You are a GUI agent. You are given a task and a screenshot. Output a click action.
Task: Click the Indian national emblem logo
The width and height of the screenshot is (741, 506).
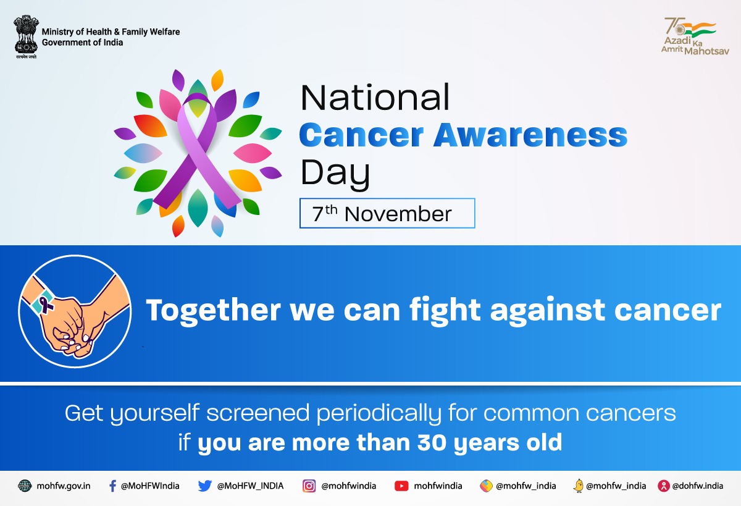[x=26, y=38]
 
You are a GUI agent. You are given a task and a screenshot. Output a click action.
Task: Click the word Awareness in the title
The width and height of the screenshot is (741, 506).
[x=530, y=135]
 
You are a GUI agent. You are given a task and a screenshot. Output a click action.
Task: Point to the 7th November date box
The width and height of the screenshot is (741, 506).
[x=387, y=214]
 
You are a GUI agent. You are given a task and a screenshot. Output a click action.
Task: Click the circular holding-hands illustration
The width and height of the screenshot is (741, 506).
[x=75, y=313]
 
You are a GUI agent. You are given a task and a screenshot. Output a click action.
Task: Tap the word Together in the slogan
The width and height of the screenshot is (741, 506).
[x=211, y=310]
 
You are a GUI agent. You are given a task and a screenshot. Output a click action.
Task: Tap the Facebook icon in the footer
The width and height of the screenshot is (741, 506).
[x=112, y=486]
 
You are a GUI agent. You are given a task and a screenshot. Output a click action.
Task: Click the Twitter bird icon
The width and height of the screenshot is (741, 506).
[x=205, y=486]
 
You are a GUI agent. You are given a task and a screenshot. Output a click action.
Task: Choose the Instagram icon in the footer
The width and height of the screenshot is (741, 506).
[x=309, y=486]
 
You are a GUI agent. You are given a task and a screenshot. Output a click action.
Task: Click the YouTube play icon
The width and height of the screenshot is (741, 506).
[x=401, y=486]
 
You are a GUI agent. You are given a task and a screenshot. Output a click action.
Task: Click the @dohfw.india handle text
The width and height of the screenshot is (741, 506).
[x=697, y=486]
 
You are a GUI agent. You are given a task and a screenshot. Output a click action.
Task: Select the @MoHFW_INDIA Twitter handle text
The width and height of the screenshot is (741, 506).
[x=250, y=486]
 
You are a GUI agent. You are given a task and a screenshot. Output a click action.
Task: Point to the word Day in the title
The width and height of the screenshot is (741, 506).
[x=335, y=174]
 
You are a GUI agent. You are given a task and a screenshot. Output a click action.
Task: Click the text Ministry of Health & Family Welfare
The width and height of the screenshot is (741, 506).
[x=111, y=32]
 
